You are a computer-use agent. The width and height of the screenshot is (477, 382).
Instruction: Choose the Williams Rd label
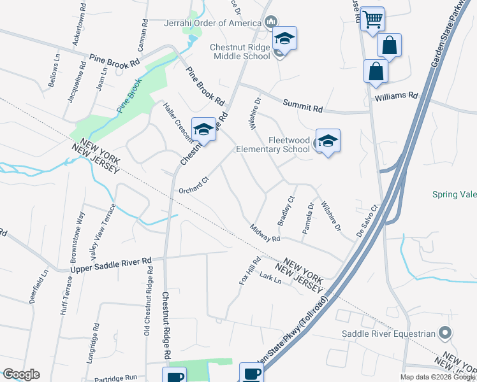click(396, 97)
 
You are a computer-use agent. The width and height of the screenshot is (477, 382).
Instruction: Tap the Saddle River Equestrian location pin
click(446, 333)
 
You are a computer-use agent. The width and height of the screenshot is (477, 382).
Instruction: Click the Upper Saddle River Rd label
click(111, 265)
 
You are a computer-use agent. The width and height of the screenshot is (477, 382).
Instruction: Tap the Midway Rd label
click(265, 233)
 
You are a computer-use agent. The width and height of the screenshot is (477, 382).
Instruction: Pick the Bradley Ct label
click(284, 209)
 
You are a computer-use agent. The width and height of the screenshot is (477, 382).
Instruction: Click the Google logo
click(21, 374)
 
